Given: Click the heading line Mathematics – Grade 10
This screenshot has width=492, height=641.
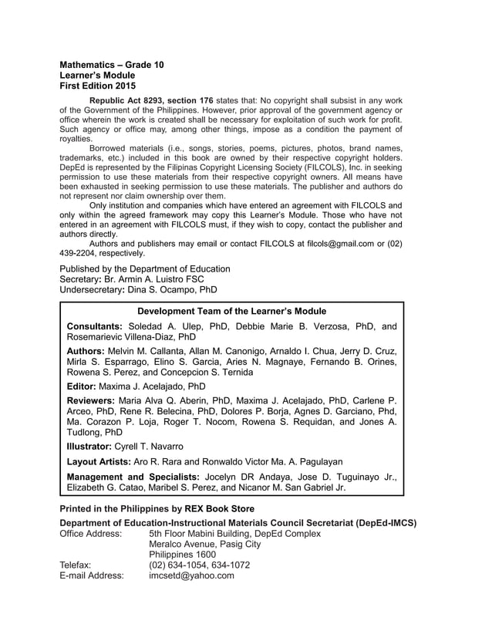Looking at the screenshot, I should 112,65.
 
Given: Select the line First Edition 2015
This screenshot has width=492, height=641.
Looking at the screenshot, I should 98,86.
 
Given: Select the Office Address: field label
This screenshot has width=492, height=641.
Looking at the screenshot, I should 90,534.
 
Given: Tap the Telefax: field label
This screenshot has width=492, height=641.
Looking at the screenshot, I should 75,565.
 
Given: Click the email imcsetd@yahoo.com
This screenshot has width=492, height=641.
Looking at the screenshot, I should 191,575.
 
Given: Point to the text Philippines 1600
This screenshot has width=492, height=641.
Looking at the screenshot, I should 182,555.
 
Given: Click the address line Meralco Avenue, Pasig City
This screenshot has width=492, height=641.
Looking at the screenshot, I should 204,545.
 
